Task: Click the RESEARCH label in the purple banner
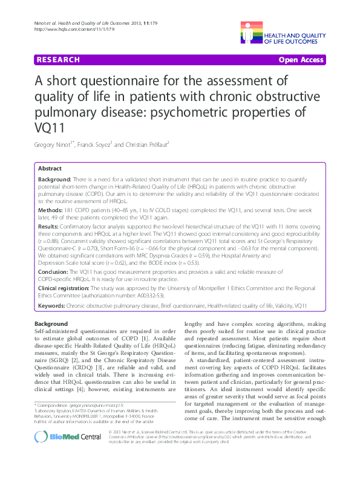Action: [58, 60]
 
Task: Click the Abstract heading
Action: [49, 169]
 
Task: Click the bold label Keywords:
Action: [51, 307]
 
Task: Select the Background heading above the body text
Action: [51, 325]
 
